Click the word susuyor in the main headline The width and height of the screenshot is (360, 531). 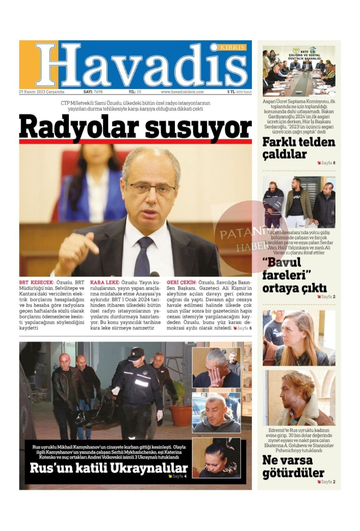point(198,127)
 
